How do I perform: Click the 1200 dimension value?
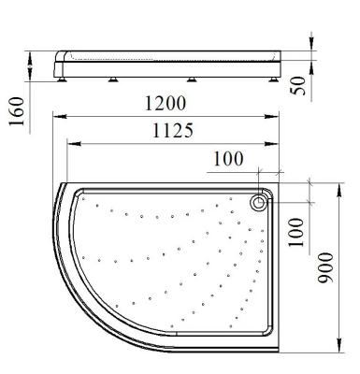[x=166, y=103]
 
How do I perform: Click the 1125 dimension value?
[x=173, y=130]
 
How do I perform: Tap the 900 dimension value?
[x=325, y=267]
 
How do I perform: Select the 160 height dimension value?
[x=17, y=111]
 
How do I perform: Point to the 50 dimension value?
[x=298, y=85]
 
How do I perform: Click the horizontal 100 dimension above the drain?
[x=228, y=159]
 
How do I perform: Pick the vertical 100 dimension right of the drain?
[x=295, y=232]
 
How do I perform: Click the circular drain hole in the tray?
[x=258, y=203]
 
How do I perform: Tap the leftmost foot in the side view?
[x=62, y=79]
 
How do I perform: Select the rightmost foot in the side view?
[x=274, y=79]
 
